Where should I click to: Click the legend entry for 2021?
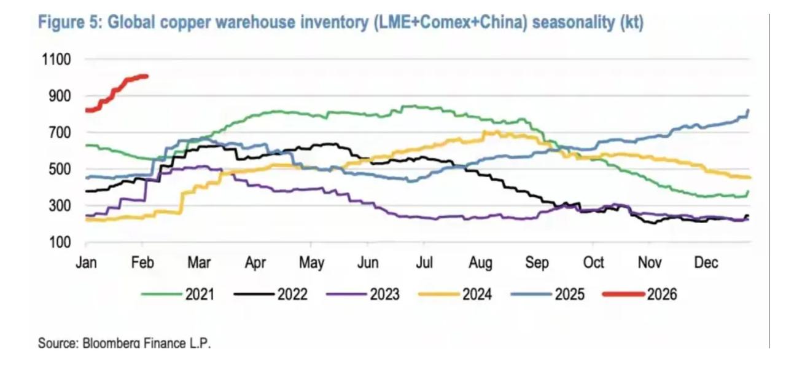177,294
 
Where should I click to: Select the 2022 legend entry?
270,294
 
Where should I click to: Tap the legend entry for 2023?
363,294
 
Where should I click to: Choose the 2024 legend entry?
455,294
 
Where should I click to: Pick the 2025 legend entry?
548,294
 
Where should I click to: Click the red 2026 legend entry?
640,294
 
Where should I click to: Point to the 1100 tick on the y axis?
56,60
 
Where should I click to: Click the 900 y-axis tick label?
59,96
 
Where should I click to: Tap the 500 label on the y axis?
59,169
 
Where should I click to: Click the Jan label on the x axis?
85,263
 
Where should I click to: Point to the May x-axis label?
311,263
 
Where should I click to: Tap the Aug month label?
480,263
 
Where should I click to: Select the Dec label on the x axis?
706,263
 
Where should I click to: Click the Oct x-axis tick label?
593,263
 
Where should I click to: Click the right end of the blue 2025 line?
749,111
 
